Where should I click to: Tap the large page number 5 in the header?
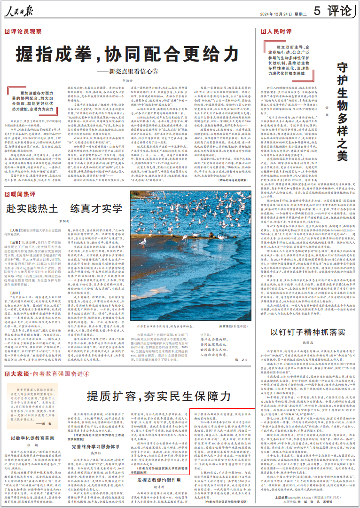tap(317, 10)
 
